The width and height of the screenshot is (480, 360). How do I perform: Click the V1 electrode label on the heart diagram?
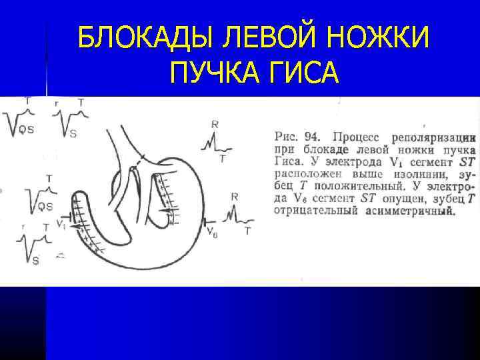[61, 224]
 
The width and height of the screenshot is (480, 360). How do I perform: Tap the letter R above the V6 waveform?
[234, 197]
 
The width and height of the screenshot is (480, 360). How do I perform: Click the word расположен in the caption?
[303, 174]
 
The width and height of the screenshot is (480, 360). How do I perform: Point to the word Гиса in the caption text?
[287, 161]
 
